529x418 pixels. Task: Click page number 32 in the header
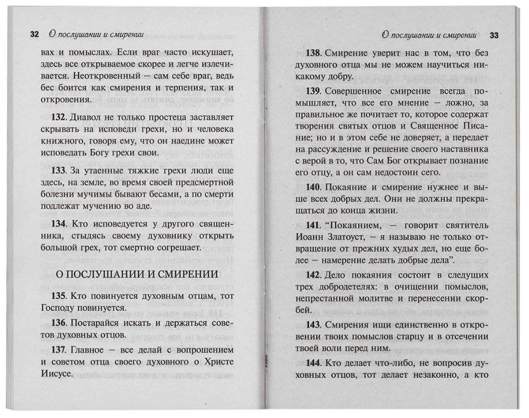click(x=34, y=35)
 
